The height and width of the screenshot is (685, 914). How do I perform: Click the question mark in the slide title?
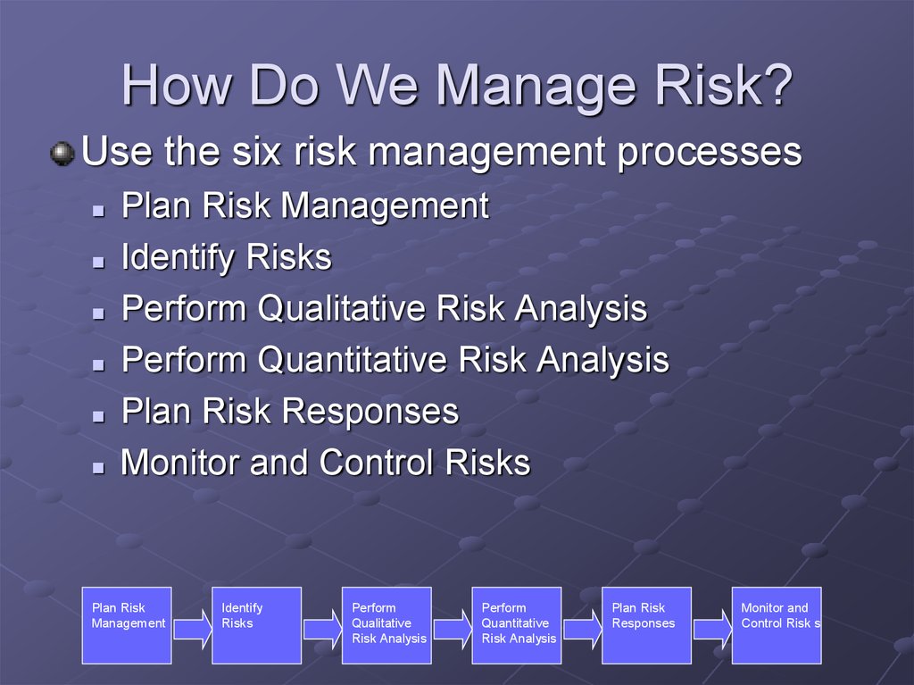click(776, 85)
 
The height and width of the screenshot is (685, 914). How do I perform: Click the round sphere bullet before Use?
click(62, 154)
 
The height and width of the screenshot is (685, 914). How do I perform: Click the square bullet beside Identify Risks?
click(98, 262)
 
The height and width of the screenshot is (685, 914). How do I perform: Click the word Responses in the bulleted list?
click(370, 412)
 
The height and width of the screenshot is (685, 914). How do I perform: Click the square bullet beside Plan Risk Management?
click(98, 211)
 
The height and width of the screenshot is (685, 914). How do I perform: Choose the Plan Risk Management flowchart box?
click(127, 625)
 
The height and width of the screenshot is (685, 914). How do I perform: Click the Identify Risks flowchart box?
click(256, 625)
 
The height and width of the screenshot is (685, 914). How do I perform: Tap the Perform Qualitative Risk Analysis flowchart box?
click(386, 625)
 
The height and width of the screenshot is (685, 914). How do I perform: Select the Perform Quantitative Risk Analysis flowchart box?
click(517, 625)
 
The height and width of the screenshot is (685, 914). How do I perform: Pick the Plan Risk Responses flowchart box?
click(646, 625)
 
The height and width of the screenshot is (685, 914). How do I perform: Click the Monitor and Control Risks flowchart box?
click(777, 625)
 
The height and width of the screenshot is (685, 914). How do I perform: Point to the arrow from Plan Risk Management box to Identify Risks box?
click(193, 629)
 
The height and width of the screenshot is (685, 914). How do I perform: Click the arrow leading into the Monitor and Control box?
click(712, 629)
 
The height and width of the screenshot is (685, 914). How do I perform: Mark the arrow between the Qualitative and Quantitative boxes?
click(453, 629)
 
